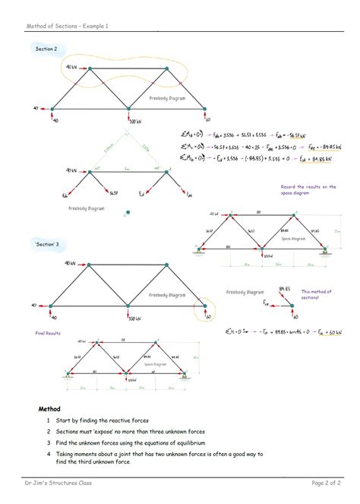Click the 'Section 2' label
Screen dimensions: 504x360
46,49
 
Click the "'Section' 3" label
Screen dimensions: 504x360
47,244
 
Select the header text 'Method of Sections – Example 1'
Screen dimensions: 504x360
68,26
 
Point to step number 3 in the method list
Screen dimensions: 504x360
48,442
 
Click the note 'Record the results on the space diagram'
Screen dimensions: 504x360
308,189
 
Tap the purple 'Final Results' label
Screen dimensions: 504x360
48,333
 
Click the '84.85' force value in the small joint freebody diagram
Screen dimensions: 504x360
285,290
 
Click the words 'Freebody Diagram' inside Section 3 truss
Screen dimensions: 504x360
168,294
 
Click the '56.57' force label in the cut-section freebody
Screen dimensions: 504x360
114,193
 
